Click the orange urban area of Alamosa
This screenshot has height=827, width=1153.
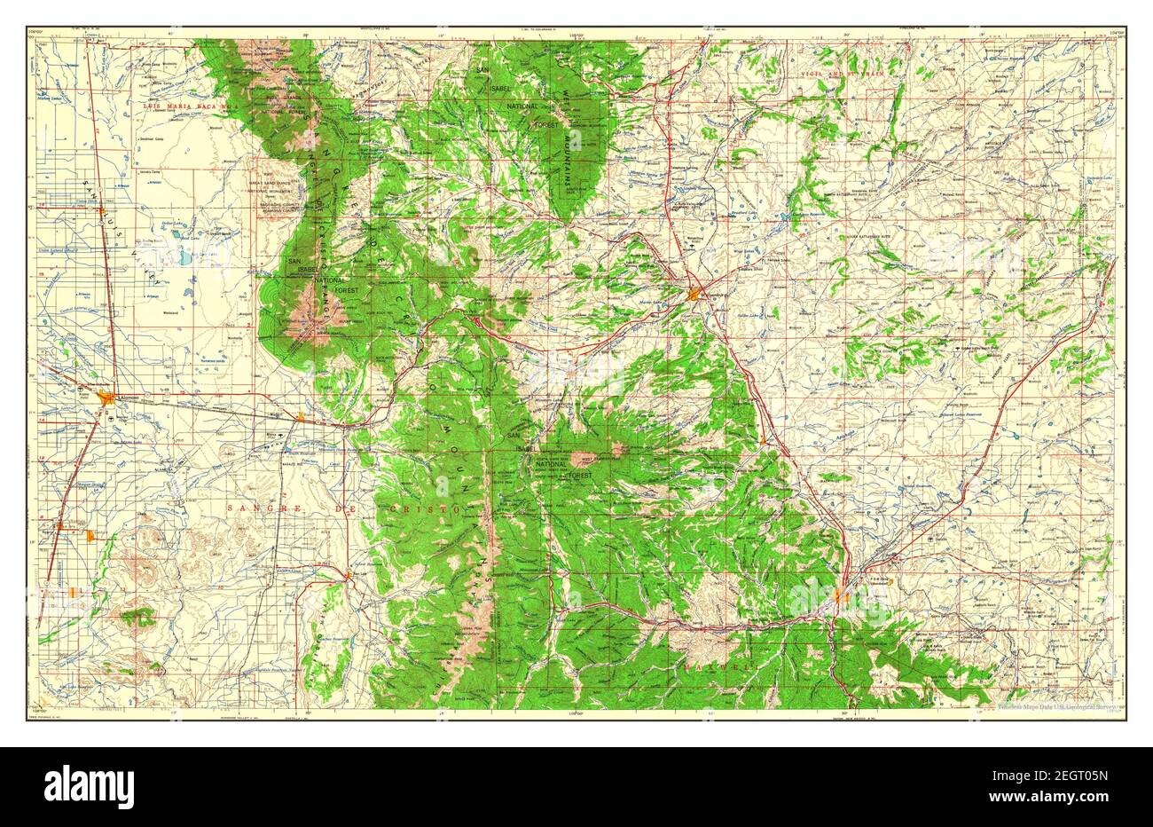click(x=107, y=397)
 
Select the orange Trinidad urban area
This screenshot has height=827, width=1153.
click(x=840, y=596)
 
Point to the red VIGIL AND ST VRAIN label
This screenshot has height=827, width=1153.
click(x=843, y=73)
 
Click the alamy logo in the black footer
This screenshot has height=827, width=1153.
click(x=89, y=785)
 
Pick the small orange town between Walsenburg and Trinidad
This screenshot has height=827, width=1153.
click(x=763, y=438)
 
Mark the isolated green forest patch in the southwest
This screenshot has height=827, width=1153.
click(x=137, y=616)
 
